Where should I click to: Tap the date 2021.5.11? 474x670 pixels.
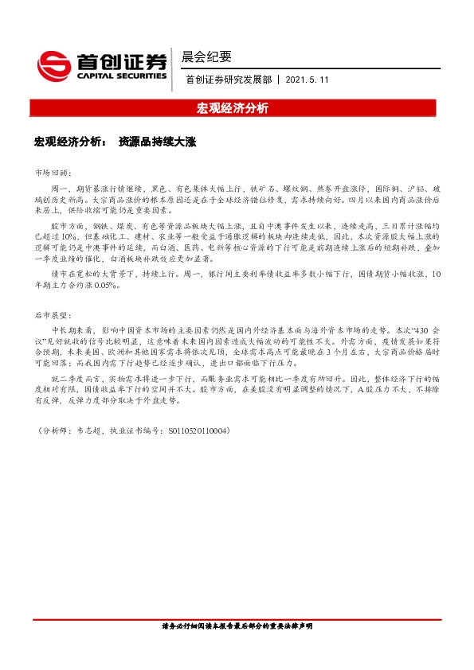(307, 80)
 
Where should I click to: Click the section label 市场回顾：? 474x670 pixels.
(53, 172)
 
